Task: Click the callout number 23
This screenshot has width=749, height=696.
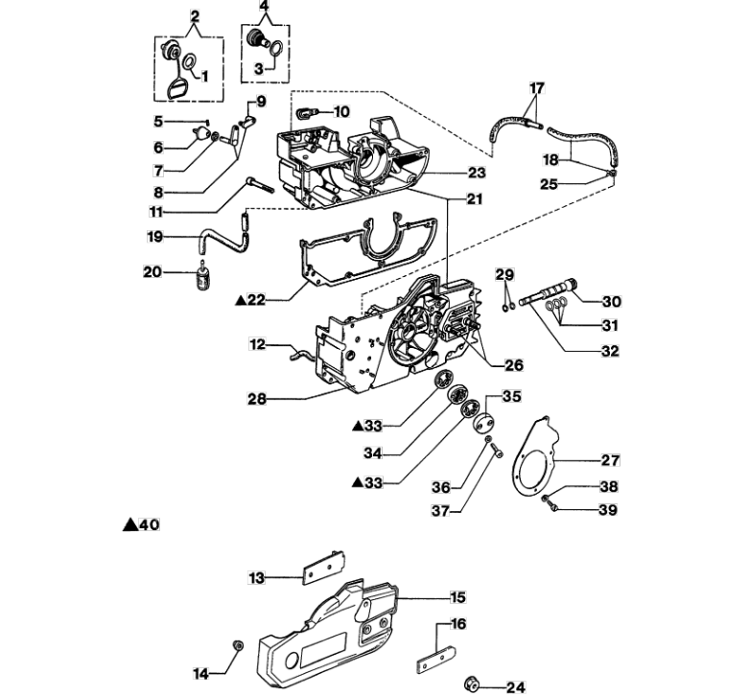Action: pos(477,173)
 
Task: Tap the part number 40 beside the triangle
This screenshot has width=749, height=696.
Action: pos(149,524)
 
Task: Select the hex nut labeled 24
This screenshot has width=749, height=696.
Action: pos(472,684)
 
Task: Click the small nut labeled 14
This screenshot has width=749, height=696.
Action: pos(238,645)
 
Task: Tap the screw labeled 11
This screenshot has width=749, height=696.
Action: pos(259,185)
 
